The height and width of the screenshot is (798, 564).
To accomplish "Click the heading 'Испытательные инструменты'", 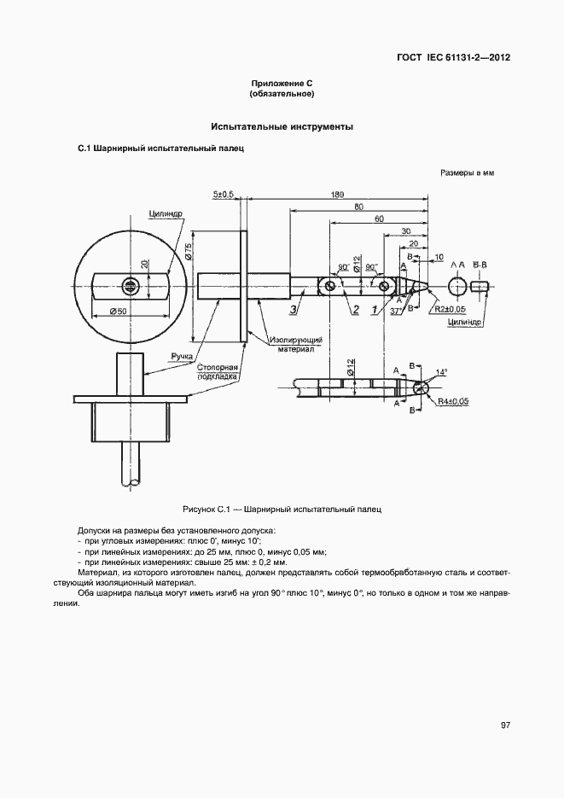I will point(282,127).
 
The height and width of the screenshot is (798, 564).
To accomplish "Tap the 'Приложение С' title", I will point(282,82).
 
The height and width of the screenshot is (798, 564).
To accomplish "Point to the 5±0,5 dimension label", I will point(224,195).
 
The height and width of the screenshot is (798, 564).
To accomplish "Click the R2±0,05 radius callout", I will point(450,309).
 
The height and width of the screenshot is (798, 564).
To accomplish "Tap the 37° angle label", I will point(396,312).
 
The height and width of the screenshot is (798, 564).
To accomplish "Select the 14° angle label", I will point(440,373).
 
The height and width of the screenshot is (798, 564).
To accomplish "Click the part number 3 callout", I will point(293,309).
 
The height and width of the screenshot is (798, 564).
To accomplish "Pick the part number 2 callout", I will point(355,309).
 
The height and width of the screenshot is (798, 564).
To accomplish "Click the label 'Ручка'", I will point(180,355).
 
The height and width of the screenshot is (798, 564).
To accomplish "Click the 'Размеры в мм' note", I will point(467,172).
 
